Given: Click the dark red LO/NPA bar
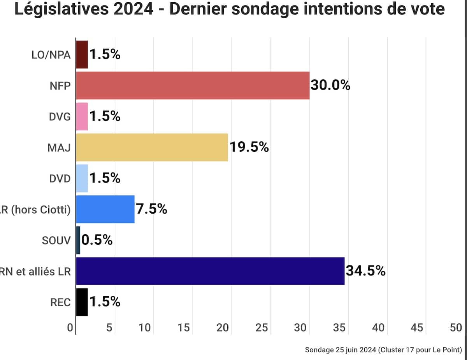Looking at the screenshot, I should click(x=82, y=54).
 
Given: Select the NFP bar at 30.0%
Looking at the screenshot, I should click(x=193, y=86).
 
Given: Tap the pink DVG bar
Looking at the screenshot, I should click(x=82, y=116).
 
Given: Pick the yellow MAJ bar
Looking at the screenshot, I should click(x=152, y=147).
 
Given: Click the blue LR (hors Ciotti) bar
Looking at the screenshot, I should click(x=105, y=209).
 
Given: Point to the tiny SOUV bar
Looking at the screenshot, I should click(x=78, y=240).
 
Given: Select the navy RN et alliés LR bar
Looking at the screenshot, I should click(x=210, y=271).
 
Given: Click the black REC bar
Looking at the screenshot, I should click(x=82, y=302).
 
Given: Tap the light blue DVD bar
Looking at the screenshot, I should click(x=82, y=178).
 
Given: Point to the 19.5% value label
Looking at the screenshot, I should click(x=249, y=147).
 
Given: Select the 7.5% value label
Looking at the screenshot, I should click(x=152, y=209).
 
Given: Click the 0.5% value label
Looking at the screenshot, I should click(x=97, y=240).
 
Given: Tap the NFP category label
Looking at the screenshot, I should click(x=60, y=86).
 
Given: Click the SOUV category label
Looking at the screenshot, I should click(x=56, y=241).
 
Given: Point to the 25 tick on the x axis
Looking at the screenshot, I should click(x=262, y=328).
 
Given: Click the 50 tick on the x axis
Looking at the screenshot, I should click(x=456, y=328).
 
